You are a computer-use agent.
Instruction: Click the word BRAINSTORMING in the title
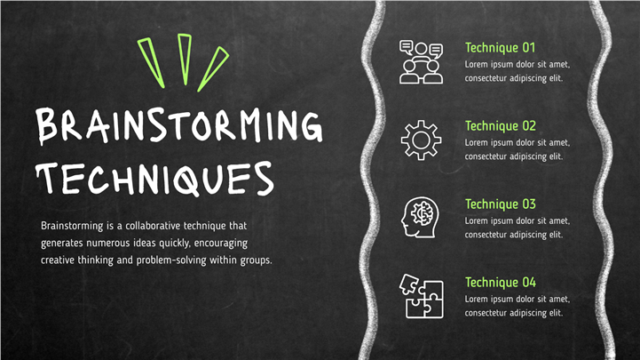point(178,125)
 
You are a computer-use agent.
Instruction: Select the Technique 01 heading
point(500,48)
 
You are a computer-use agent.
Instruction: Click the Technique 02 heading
point(500,126)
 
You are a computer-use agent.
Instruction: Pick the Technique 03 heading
point(500,204)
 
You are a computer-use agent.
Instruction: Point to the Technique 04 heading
point(500,283)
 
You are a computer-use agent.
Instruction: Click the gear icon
point(421,140)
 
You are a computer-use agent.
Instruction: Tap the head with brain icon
point(420,218)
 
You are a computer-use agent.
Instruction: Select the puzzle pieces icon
point(422,296)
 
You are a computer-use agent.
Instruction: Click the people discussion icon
point(421,62)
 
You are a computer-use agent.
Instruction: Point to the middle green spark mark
point(185,60)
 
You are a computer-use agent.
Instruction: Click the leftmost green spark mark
point(152,63)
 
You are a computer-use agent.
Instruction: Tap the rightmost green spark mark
point(213,69)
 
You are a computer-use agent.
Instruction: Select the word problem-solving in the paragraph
point(171,260)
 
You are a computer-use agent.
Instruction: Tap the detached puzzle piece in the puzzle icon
point(408,284)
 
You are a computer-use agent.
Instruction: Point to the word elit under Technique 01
point(556,78)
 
